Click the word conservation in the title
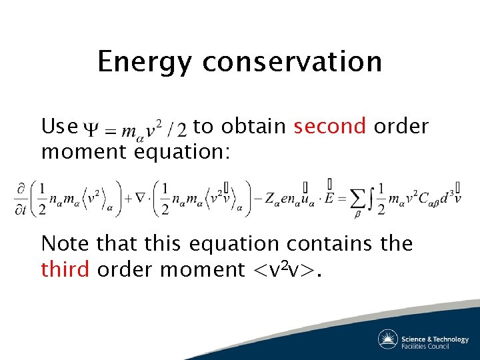[292, 63]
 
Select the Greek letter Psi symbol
[89, 127]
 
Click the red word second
[330, 126]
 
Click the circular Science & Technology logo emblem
[388, 339]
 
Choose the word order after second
[401, 126]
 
